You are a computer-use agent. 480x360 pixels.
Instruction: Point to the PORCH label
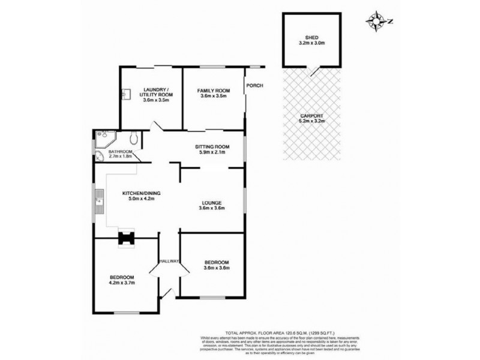coord(255,85)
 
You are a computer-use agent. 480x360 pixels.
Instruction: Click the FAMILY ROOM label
coord(214,91)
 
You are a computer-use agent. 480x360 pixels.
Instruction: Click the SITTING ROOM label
coord(213,147)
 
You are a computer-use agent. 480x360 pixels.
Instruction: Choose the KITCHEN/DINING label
coord(142,193)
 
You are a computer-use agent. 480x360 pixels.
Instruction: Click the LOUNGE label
coord(213,203)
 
